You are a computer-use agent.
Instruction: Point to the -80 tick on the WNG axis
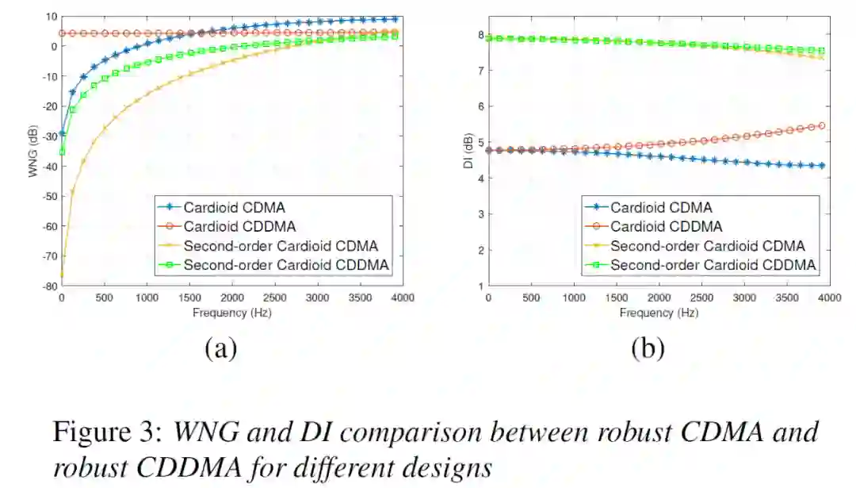(x=48, y=286)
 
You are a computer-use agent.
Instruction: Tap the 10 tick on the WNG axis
(x=50, y=17)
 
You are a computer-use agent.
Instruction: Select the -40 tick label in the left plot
(x=48, y=166)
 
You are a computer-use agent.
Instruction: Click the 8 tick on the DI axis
(x=480, y=34)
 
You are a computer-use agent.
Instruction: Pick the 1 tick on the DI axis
(x=480, y=286)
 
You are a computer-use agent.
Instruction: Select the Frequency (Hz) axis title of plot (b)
(x=659, y=313)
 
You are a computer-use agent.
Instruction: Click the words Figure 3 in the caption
(x=105, y=433)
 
